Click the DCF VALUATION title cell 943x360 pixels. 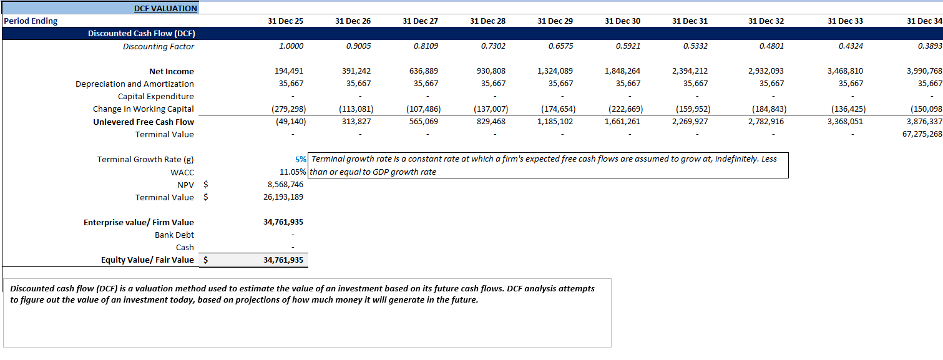(165, 9)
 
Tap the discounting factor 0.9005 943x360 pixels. (358, 47)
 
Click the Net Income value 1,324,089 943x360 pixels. (555, 72)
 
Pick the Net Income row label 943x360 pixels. (171, 72)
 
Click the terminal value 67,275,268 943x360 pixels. (922, 135)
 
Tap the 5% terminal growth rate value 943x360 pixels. (300, 160)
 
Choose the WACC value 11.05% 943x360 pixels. (292, 172)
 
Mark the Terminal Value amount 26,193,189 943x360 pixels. (283, 198)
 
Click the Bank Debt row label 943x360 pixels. (174, 235)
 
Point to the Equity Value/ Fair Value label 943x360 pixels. (147, 260)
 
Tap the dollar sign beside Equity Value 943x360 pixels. (206, 260)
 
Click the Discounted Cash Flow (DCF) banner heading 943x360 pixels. (141, 34)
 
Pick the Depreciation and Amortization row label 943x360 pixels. (134, 84)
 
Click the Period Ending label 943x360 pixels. (31, 21)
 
